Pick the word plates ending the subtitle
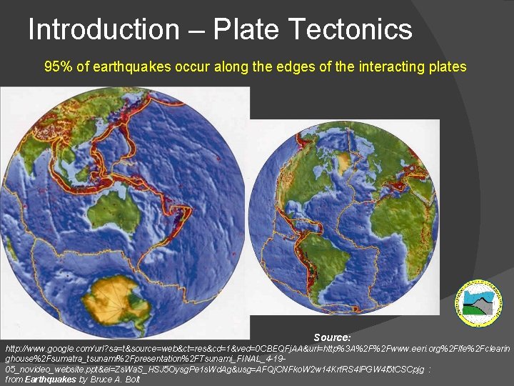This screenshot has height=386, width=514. coord(447,67)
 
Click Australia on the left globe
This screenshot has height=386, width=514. coord(114,208)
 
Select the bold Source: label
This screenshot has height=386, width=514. coord(332,337)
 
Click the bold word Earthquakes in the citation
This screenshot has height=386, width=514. coord(50,380)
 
